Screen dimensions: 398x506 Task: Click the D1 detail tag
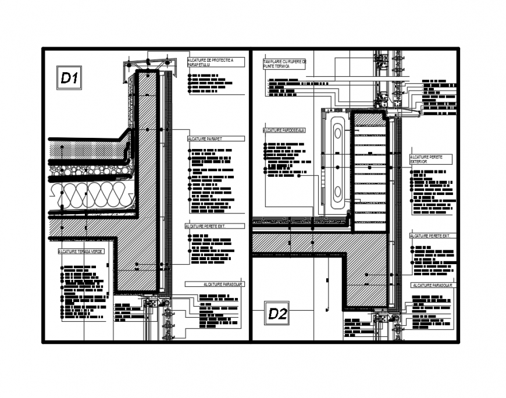point(69,78)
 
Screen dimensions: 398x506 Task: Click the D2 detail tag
point(277,314)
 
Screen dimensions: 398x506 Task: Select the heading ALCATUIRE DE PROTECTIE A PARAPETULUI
point(210,62)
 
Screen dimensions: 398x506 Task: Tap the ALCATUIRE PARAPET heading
point(205,139)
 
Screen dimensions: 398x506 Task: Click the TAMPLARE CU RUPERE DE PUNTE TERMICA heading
point(284,64)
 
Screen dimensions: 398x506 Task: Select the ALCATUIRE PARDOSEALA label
point(284,131)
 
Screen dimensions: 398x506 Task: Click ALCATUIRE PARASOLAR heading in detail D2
point(433,286)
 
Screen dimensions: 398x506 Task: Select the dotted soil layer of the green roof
point(87,150)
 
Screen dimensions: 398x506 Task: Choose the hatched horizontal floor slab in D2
point(300,243)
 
